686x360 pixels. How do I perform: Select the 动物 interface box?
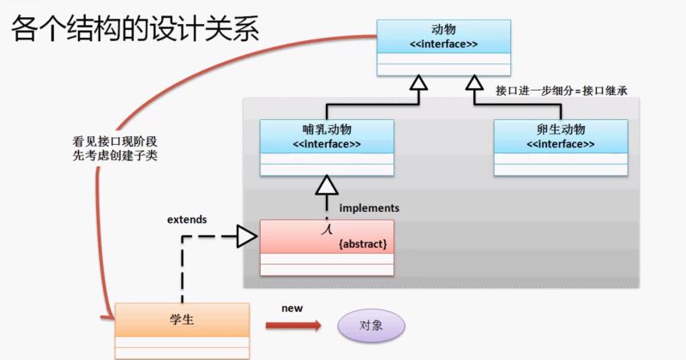[x=444, y=47]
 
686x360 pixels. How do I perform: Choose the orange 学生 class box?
[x=182, y=331]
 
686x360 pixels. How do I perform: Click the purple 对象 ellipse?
[x=370, y=326]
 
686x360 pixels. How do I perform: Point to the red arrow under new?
[x=292, y=326]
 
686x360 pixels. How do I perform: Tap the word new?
[x=292, y=307]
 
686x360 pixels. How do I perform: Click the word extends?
[x=186, y=219]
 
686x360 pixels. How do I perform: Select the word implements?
[x=369, y=207]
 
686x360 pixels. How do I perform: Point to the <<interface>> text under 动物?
[x=444, y=44]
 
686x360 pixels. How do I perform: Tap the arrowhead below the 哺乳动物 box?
[x=326, y=184]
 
